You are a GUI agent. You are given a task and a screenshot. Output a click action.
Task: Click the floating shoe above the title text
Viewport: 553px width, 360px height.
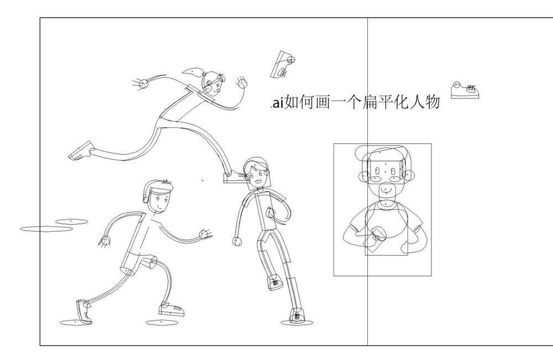click(283, 65)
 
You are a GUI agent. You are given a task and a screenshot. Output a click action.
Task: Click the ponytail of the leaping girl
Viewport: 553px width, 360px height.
click(193, 72)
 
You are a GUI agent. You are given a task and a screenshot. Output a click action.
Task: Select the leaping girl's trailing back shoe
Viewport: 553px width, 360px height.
click(81, 151)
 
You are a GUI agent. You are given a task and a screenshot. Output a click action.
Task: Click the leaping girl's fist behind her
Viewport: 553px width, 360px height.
click(143, 84)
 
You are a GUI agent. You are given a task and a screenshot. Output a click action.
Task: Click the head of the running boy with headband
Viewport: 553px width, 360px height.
click(159, 197)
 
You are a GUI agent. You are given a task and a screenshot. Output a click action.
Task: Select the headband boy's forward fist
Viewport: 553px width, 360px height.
click(204, 234)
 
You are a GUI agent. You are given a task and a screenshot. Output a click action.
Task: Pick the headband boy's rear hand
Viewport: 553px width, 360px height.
click(105, 241)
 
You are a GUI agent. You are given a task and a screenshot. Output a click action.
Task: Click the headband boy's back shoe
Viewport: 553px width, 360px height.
click(84, 311)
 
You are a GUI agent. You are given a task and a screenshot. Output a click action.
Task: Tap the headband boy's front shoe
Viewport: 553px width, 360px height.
click(172, 310)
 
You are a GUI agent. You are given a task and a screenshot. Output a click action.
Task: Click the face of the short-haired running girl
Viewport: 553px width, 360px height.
click(257, 174)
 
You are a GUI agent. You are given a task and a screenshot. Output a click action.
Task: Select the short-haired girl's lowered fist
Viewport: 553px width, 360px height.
click(237, 242)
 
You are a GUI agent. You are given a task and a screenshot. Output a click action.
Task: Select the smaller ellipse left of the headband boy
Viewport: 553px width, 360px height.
click(71, 221)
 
